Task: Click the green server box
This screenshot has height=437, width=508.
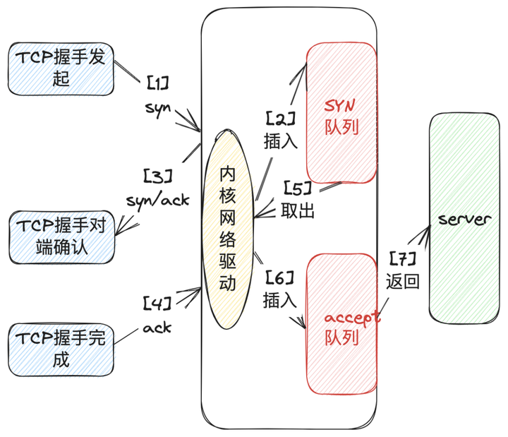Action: point(464,220)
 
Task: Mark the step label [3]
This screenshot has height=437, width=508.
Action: point(158,175)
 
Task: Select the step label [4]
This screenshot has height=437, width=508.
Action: point(157,304)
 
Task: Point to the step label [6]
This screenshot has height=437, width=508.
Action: point(280,278)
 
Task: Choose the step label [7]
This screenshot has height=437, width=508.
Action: point(403,258)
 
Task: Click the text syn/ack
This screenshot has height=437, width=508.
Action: point(158,200)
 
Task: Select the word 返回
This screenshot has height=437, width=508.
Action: point(403,282)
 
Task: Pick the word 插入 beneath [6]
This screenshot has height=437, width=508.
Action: point(280,301)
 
